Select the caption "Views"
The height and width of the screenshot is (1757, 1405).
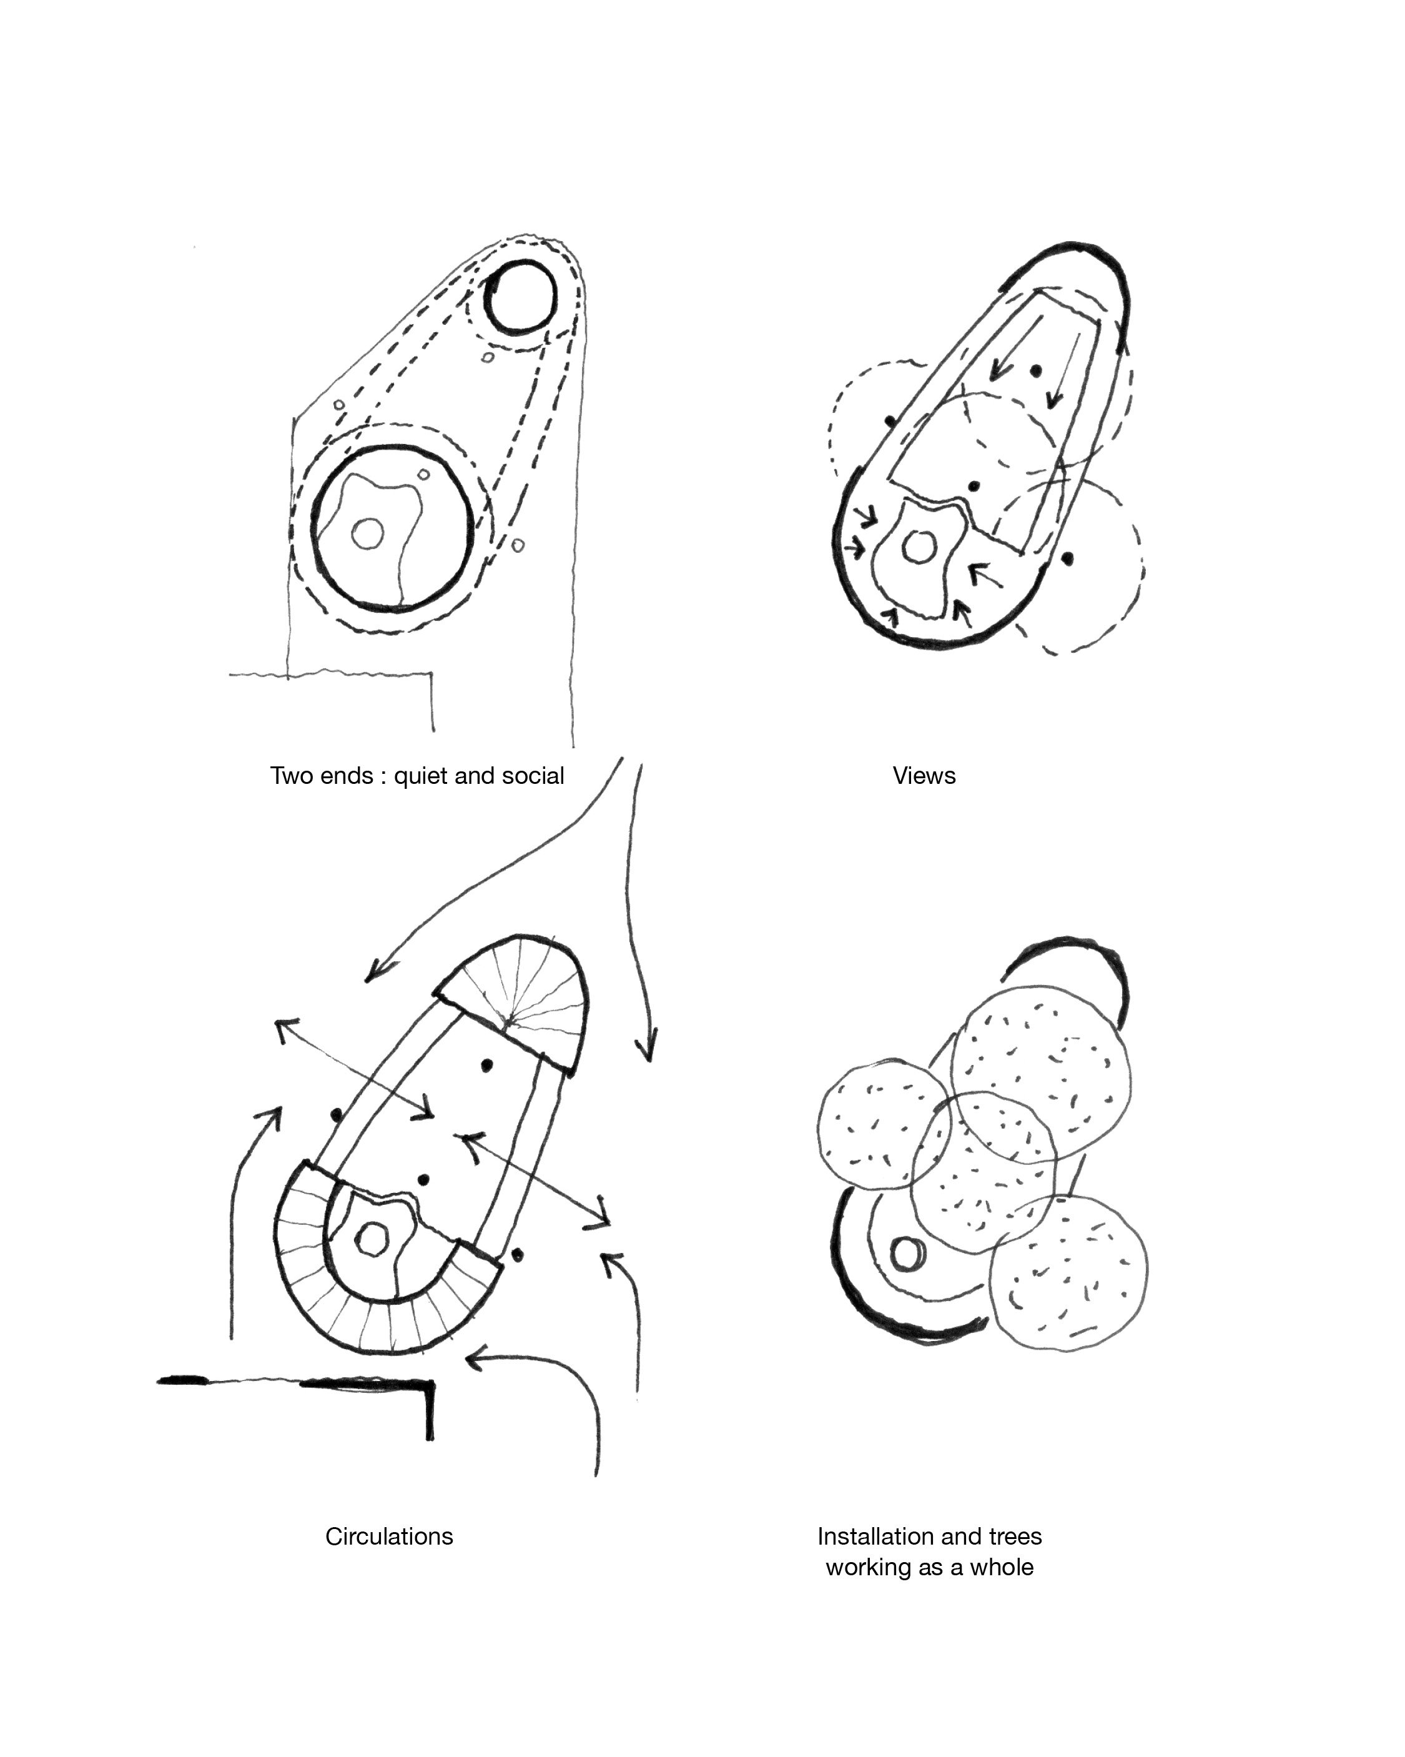point(924,776)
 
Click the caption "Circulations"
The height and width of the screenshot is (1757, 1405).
point(389,1536)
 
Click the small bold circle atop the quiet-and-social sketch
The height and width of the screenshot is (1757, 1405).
point(521,297)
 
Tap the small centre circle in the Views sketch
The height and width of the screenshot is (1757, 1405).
point(919,548)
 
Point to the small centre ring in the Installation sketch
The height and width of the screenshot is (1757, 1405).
point(905,1254)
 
